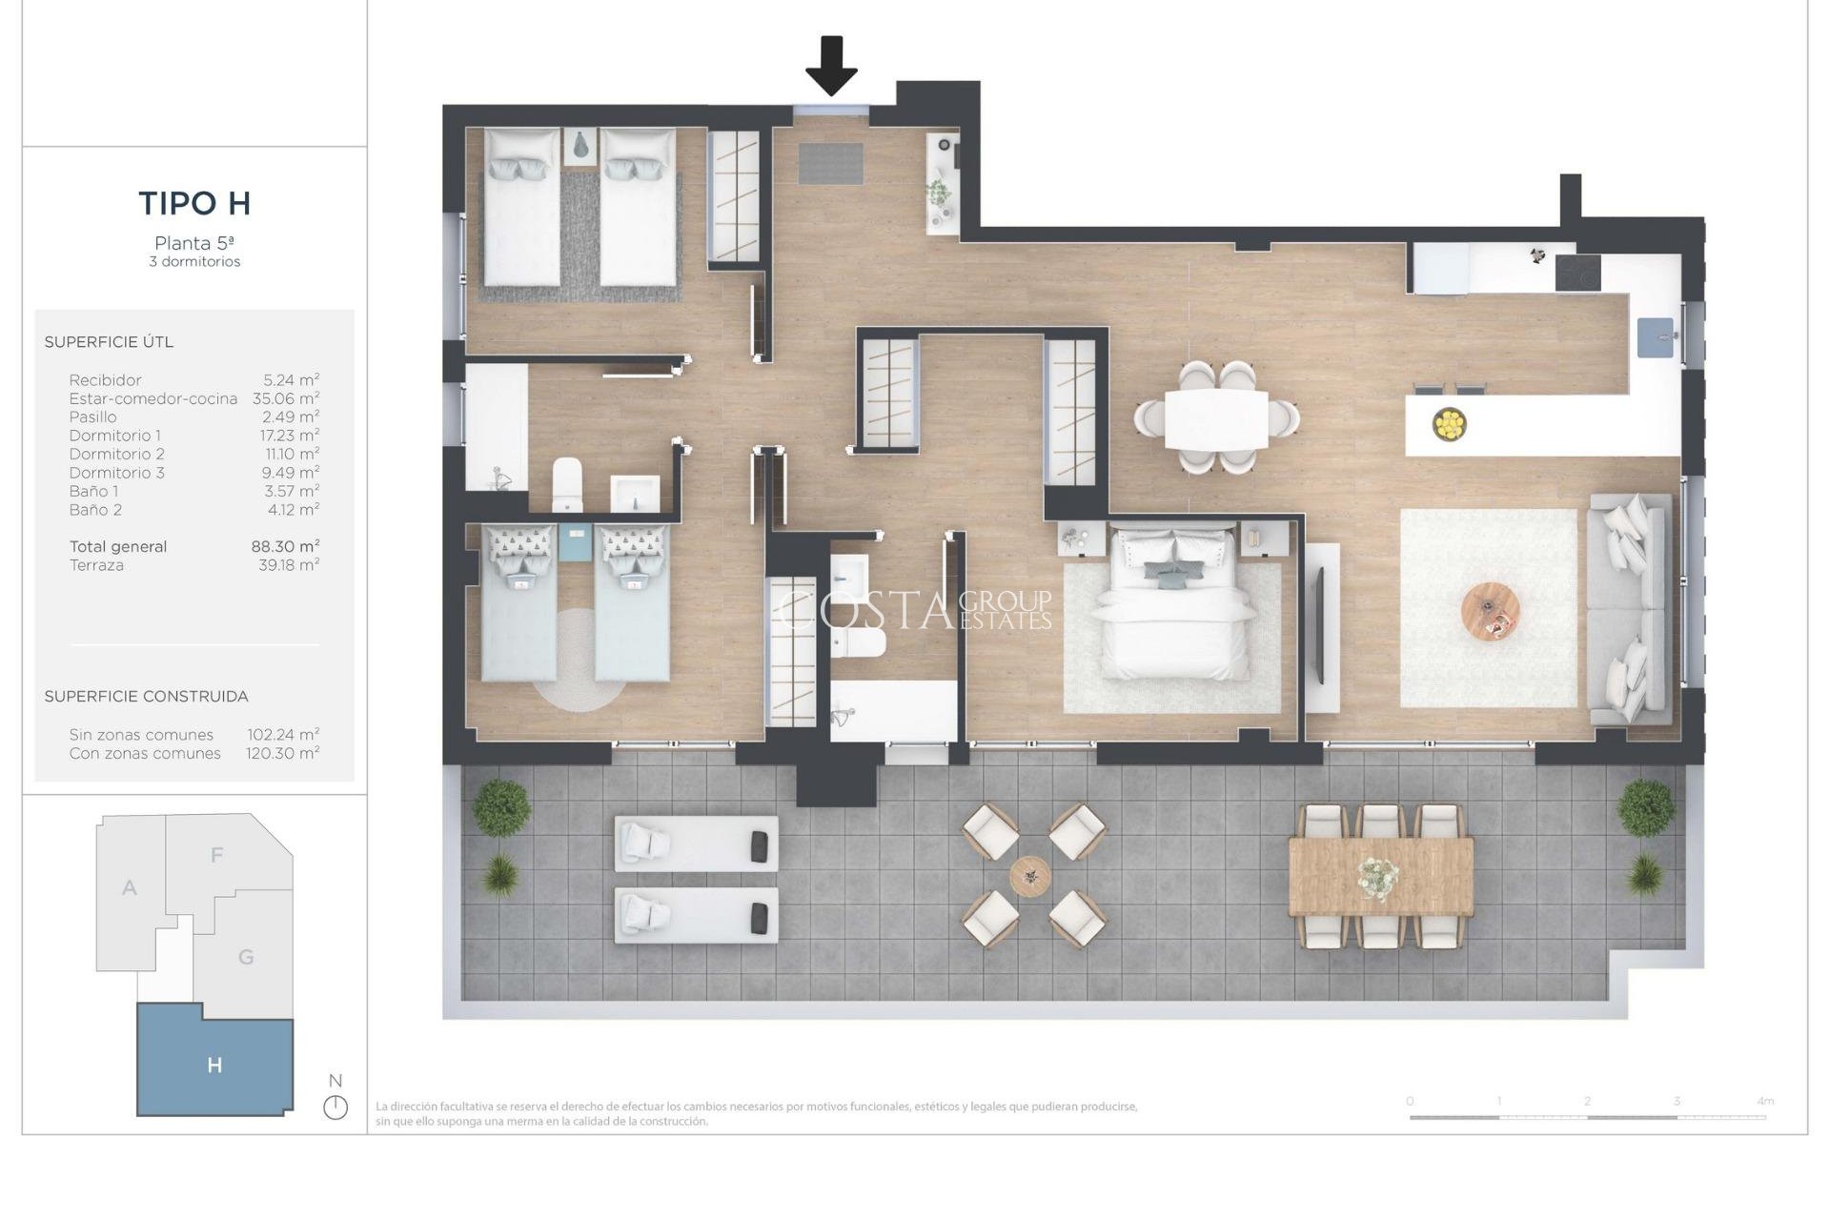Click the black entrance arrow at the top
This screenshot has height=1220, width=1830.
tap(831, 65)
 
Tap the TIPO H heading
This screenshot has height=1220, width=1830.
tap(194, 203)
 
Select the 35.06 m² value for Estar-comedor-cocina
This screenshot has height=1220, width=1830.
tap(286, 398)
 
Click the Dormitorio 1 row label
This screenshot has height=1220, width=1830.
tap(114, 436)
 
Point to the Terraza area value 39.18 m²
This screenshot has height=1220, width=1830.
tap(289, 565)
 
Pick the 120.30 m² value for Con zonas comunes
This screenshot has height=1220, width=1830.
tap(283, 753)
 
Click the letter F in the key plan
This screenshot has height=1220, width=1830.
tap(217, 855)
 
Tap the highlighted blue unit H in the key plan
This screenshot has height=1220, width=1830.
tap(214, 1065)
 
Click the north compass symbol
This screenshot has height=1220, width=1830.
tap(335, 1108)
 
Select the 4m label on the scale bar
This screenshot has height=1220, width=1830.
tap(1765, 1101)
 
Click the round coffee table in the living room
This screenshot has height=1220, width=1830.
tap(1491, 612)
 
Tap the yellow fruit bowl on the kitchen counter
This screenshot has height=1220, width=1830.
tap(1449, 424)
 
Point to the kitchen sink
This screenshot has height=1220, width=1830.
tap(1656, 337)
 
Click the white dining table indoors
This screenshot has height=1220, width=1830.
tap(1217, 418)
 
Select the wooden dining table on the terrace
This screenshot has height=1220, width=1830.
tap(1380, 876)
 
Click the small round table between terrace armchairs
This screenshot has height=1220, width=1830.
tap(1030, 875)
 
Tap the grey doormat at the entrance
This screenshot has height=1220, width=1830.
tap(830, 163)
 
